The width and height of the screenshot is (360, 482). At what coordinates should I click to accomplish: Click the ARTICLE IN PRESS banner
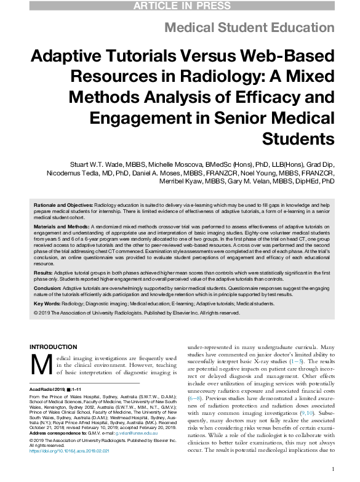(x=180, y=6)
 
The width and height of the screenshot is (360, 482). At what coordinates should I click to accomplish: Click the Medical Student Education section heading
(x=250, y=28)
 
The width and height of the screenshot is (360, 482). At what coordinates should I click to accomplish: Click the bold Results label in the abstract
(x=42, y=271)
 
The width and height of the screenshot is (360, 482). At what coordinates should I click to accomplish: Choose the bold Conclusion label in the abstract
(x=47, y=287)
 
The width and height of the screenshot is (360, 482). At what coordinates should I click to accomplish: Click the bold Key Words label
(x=47, y=303)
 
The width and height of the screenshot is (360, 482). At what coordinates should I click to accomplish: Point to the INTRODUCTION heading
(x=54, y=347)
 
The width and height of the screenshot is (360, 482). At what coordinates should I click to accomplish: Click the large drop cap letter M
(x=41, y=364)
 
